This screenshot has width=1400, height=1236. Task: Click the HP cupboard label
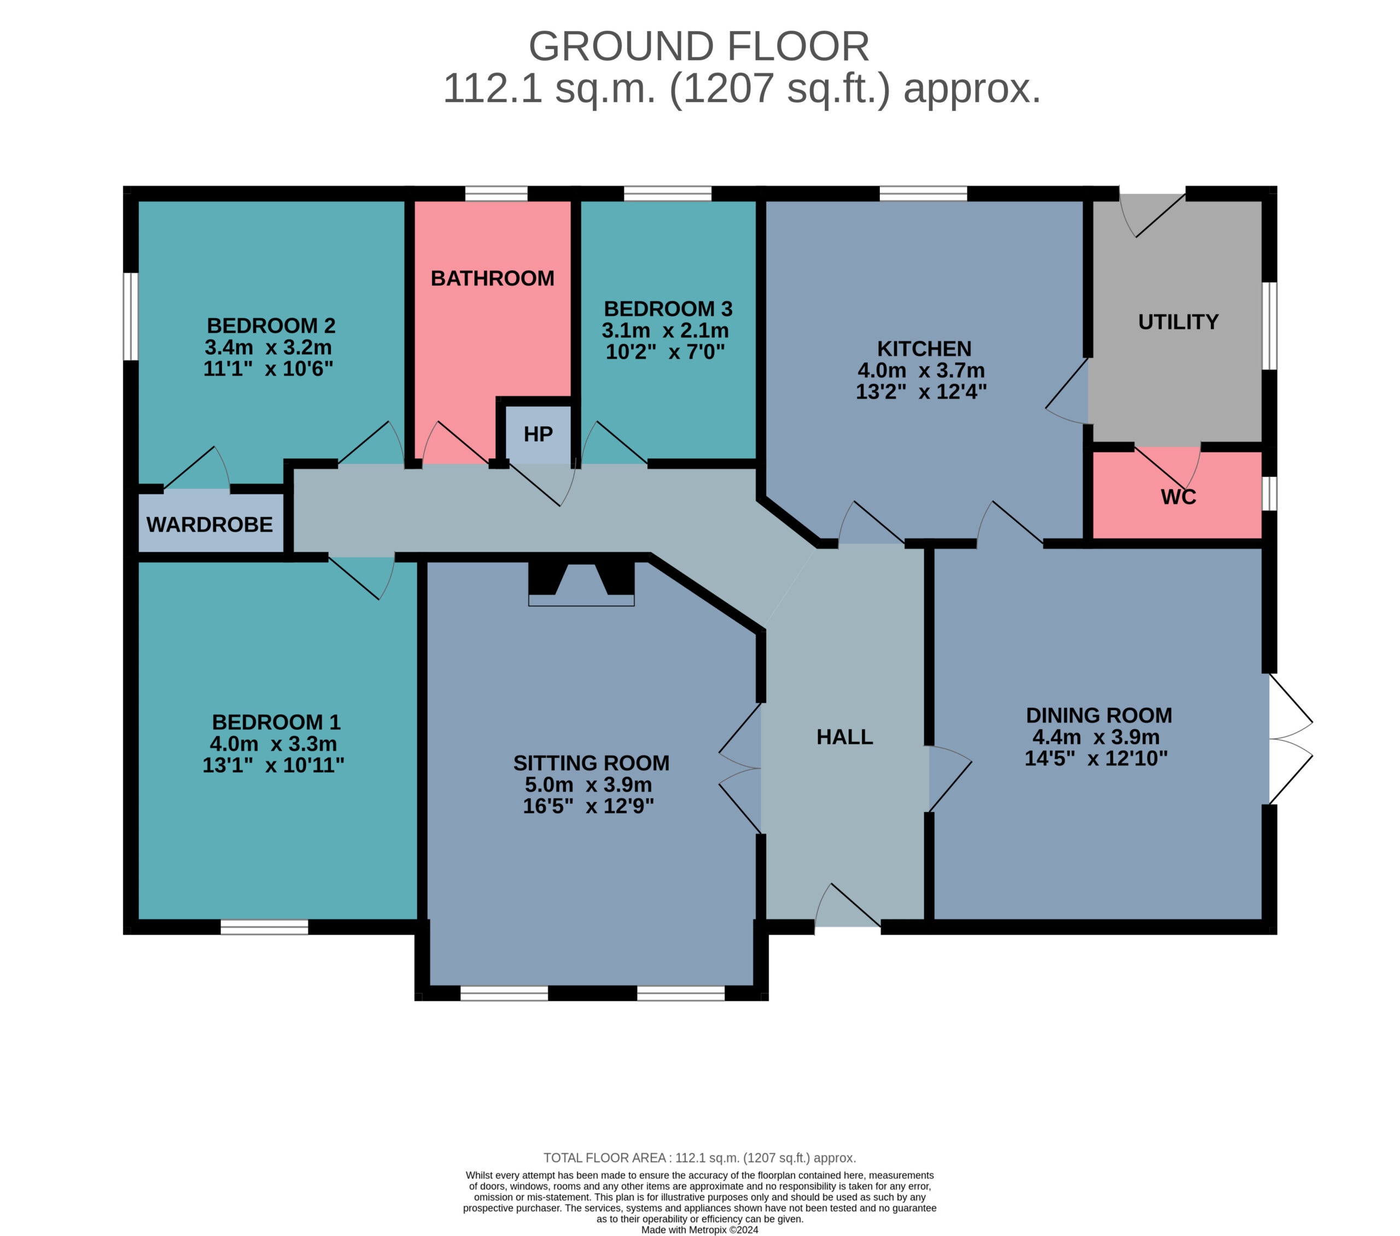pyautogui.click(x=538, y=434)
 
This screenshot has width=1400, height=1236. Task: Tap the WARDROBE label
pyautogui.click(x=209, y=525)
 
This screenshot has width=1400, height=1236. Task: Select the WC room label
pyautogui.click(x=1178, y=497)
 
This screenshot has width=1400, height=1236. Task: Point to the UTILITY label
pyautogui.click(x=1178, y=322)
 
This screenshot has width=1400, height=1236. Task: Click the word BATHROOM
pyautogui.click(x=493, y=279)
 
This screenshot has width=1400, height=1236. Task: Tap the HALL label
pyautogui.click(x=844, y=737)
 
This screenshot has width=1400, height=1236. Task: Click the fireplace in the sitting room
pyautogui.click(x=581, y=583)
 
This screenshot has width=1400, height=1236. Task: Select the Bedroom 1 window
pyautogui.click(x=264, y=927)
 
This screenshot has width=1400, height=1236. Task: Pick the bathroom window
pyautogui.click(x=496, y=193)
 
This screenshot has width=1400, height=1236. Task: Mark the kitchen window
pyautogui.click(x=923, y=193)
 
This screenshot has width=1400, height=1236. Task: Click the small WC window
pyautogui.click(x=1269, y=494)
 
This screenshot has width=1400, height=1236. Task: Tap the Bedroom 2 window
pyautogui.click(x=131, y=317)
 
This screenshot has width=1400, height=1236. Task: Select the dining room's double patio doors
pyautogui.click(x=1291, y=739)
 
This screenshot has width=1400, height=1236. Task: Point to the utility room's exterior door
pyautogui.click(x=1152, y=214)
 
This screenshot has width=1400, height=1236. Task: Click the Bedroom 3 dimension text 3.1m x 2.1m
pyautogui.click(x=665, y=331)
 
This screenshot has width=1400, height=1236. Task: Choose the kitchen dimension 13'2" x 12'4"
pyautogui.click(x=921, y=392)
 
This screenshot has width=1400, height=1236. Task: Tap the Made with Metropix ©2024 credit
pyautogui.click(x=699, y=1230)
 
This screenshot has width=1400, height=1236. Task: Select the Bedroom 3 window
pyautogui.click(x=668, y=193)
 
